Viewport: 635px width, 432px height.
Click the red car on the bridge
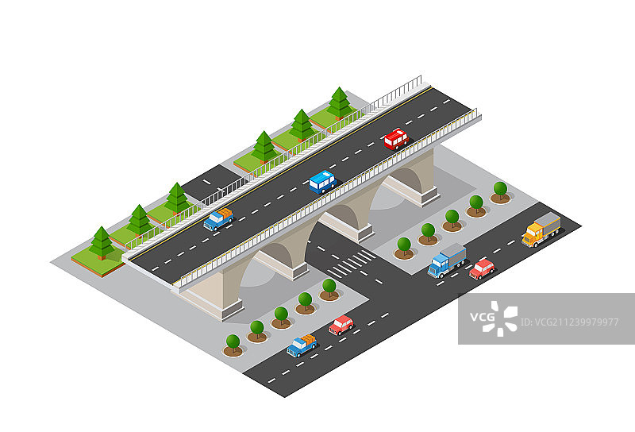click(395, 139)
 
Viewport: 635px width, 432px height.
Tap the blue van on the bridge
click(322, 182)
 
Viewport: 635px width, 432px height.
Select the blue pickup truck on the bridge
click(217, 219)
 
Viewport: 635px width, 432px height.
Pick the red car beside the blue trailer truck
click(482, 269)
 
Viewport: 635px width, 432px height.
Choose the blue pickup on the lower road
click(302, 345)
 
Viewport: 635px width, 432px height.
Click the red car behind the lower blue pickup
click(341, 324)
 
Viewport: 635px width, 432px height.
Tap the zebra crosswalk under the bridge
click(351, 263)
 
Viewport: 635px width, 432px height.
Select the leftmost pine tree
click(102, 242)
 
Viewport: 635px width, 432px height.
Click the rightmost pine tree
click(340, 102)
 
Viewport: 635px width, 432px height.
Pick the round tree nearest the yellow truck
click(500, 191)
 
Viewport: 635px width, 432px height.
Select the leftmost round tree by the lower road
click(233, 344)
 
